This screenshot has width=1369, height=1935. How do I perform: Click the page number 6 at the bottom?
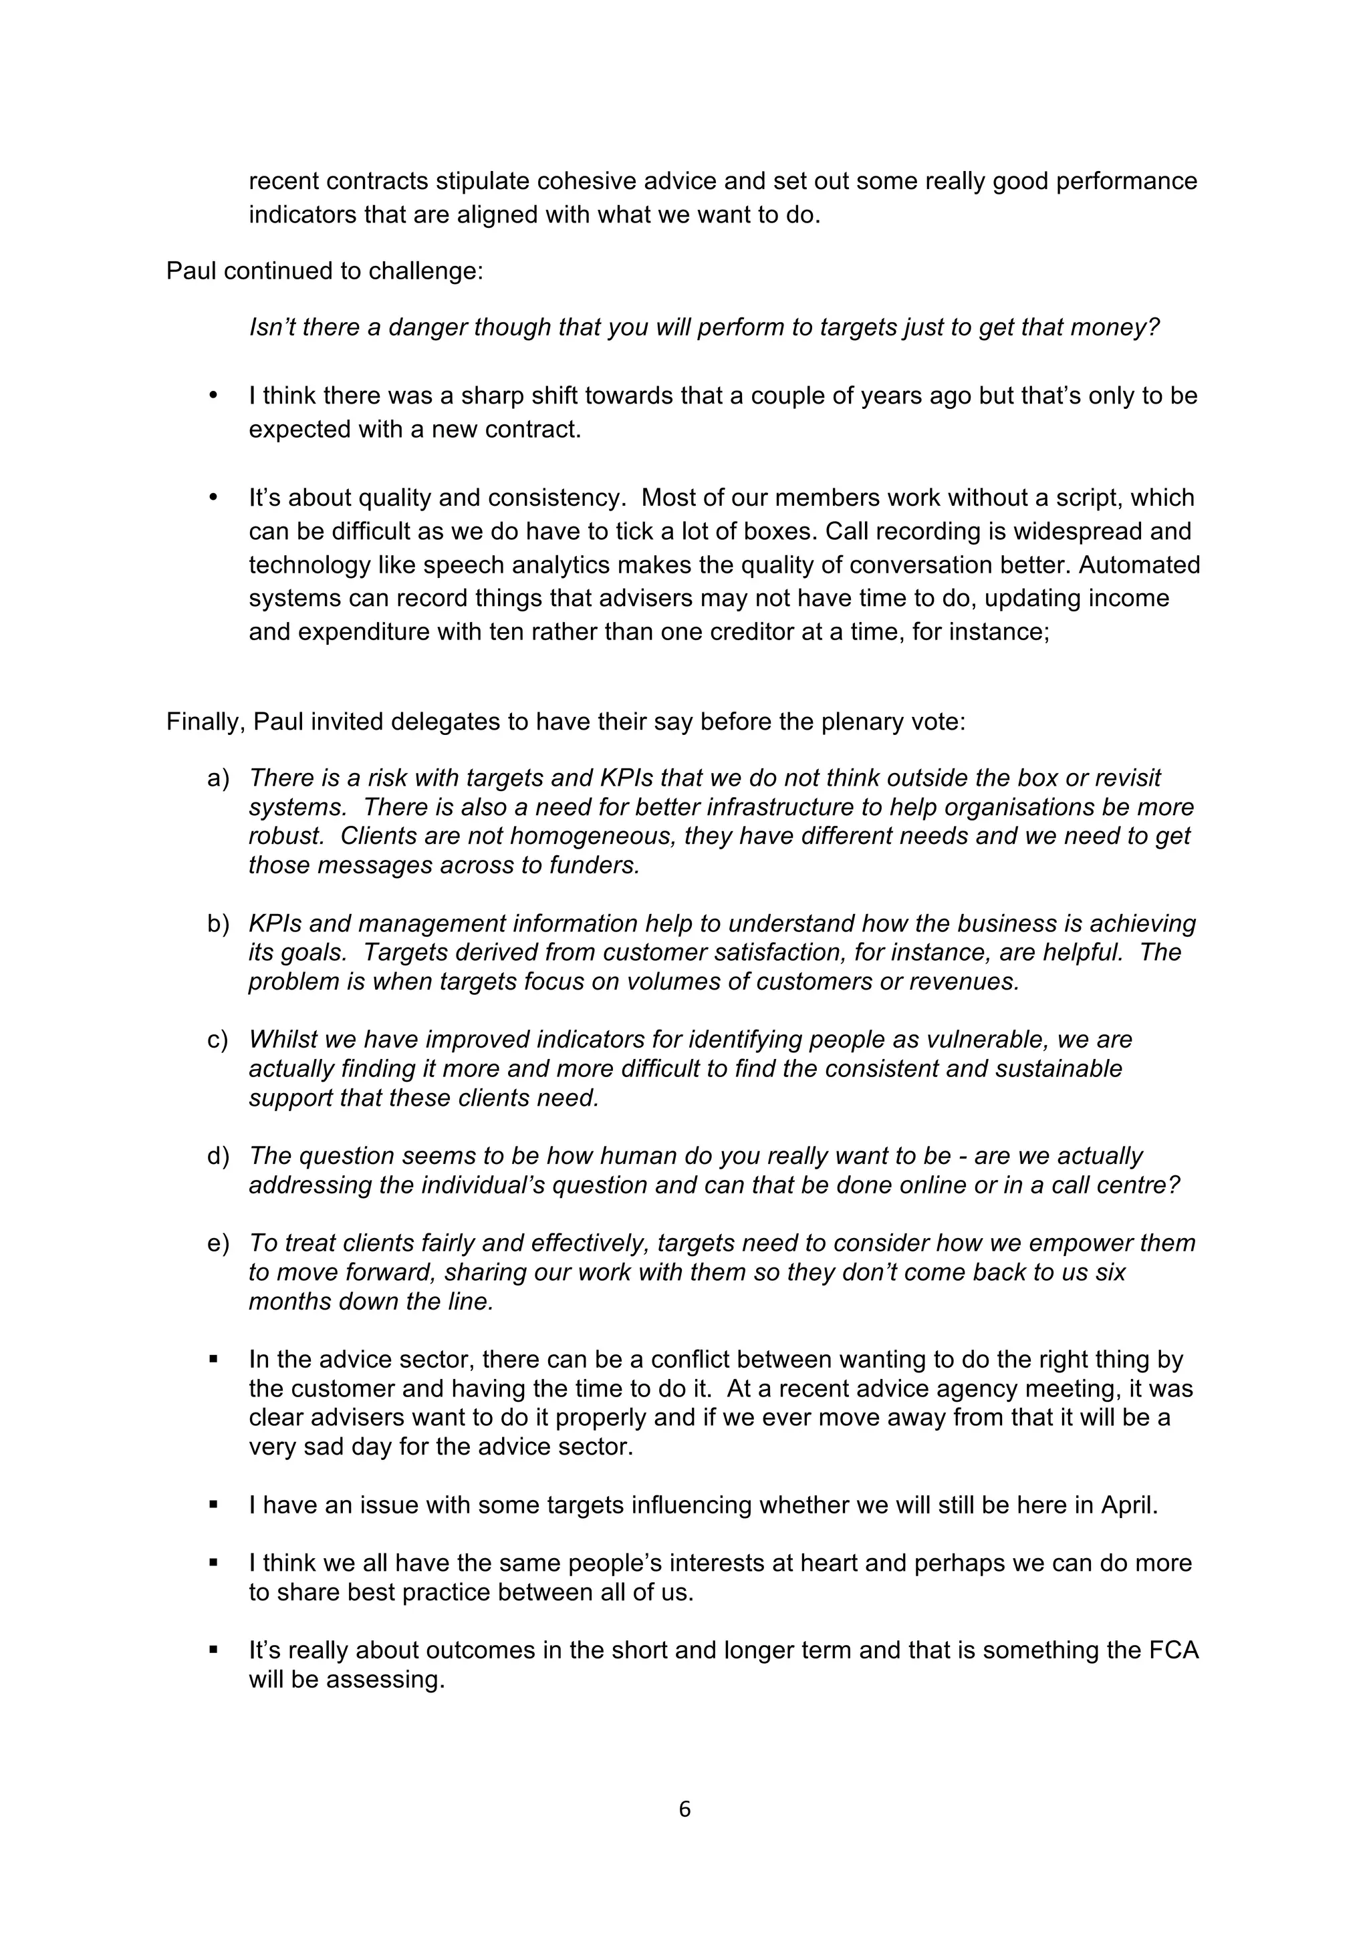(684, 1809)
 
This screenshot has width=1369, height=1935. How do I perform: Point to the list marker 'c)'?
(217, 1040)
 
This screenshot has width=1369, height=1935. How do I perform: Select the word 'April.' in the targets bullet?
(1130, 1505)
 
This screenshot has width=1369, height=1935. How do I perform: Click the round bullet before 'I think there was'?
(213, 396)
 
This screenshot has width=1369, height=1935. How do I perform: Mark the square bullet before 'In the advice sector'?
(213, 1360)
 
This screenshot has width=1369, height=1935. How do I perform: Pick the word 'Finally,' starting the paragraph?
(205, 722)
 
